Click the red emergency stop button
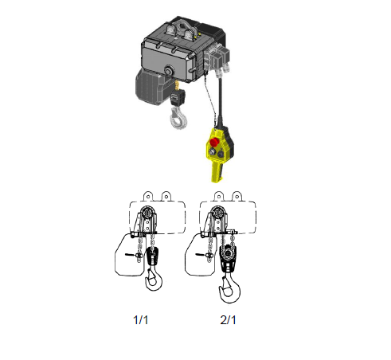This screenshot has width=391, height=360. click(x=214, y=142)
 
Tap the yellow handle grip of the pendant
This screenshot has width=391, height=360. click(x=217, y=172)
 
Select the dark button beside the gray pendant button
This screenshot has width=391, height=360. click(x=221, y=154)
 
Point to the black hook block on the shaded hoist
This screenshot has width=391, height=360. click(x=178, y=97)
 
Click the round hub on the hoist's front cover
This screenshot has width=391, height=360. click(x=169, y=71)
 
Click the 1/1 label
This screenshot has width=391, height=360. click(x=140, y=320)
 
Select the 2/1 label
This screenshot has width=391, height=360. click(x=228, y=320)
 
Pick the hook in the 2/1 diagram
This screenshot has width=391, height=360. click(x=229, y=288)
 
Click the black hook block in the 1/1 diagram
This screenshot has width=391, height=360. click(x=153, y=256)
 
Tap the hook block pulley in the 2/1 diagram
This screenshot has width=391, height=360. click(x=228, y=254)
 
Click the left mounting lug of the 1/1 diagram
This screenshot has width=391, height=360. click(x=148, y=196)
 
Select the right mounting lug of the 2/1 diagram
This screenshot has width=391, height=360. click(x=237, y=196)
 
